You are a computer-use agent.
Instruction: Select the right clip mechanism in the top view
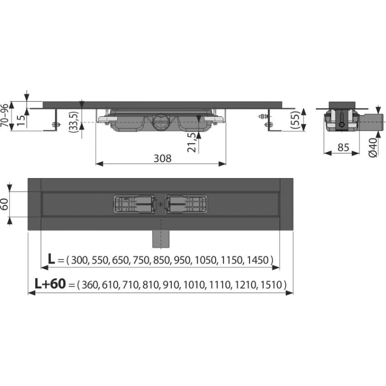187,205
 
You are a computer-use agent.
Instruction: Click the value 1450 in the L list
261,261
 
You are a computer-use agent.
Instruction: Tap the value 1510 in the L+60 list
276,286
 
